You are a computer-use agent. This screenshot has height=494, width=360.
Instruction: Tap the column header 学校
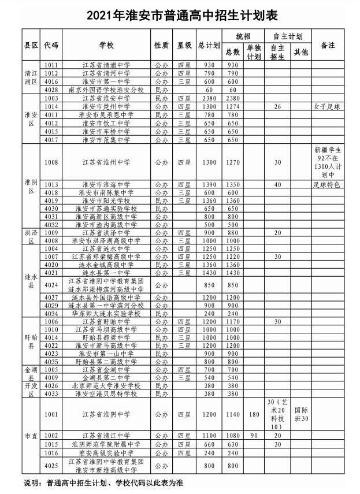pos(106,45)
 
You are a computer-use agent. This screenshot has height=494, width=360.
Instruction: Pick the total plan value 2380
pos(208,98)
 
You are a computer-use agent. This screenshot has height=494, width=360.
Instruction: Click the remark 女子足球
pos(328,107)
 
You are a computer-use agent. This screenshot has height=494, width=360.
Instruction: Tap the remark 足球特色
pos(328,184)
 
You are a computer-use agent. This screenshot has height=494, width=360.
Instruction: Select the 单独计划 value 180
pos(253,414)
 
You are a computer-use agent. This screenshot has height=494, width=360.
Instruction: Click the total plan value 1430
pos(208,272)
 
